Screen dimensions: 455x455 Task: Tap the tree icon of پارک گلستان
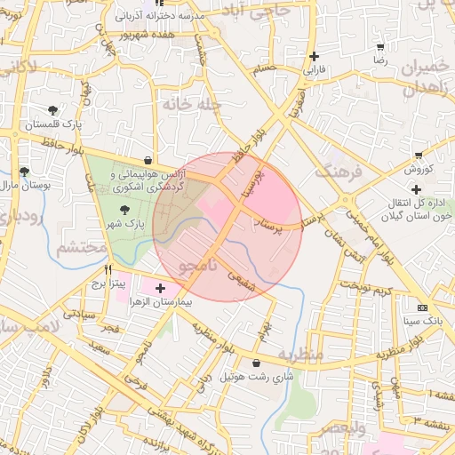coord(53,110)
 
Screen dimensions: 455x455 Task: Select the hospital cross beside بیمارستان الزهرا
coord(160,288)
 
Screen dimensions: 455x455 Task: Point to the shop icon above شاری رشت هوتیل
coord(257,363)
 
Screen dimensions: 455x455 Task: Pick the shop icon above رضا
coord(380,47)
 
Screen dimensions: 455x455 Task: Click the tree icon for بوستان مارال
coord(24,172)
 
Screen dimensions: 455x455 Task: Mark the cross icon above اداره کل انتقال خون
coord(416,189)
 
